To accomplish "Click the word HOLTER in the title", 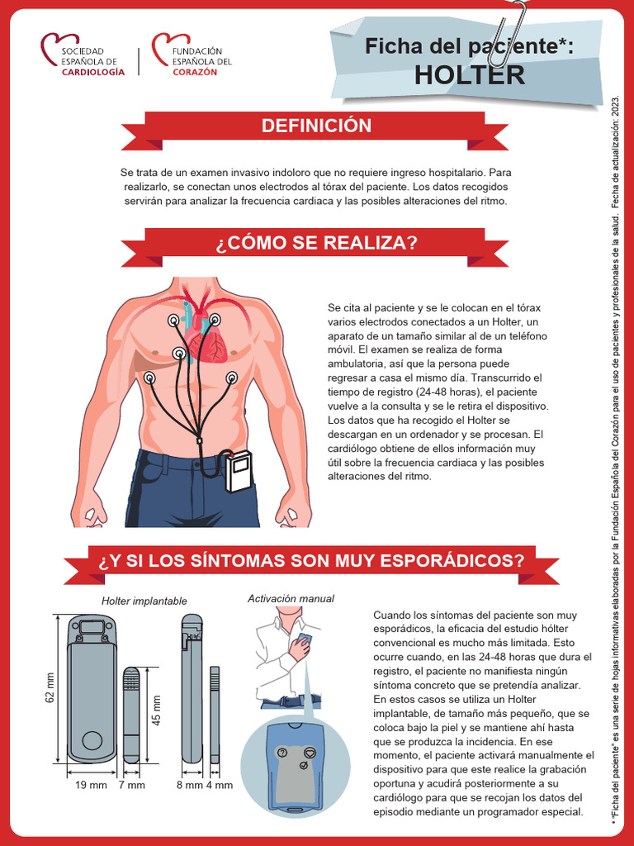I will pos(469,74).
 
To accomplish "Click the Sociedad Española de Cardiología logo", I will pos(83,55).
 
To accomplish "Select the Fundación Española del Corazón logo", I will pos(192,55).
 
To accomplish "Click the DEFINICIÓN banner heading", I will pos(316,126).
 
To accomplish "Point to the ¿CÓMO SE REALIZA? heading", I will pos(316,243).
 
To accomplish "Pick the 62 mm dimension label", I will pos(50,687).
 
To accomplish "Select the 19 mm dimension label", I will pos(92,786).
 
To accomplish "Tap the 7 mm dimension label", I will pos(131,786).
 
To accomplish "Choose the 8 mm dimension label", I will pos(189,786).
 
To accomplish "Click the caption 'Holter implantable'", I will pos(144,601).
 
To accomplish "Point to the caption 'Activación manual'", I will pos(291,598).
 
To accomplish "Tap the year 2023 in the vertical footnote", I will pos(614,112).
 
